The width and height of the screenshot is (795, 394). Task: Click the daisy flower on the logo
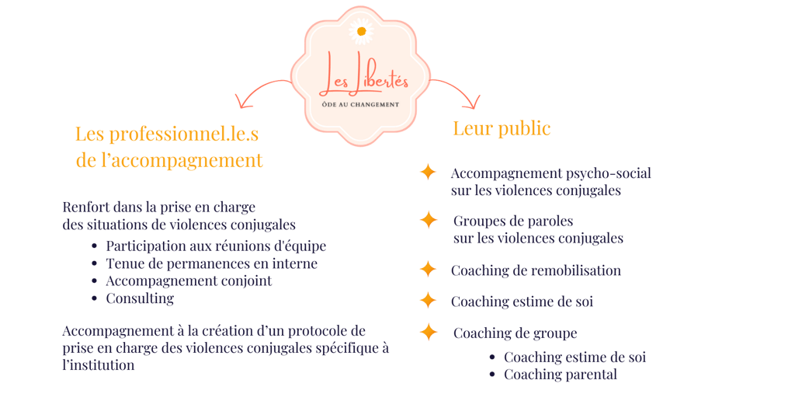coord(359,31)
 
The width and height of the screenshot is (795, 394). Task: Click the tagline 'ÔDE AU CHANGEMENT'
coord(360,104)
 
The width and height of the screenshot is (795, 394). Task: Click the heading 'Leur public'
coord(502,129)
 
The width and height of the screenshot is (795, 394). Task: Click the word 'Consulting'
coord(140,298)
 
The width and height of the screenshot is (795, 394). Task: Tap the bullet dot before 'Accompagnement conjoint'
coord(94,281)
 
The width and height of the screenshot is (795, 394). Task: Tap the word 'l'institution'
coord(99,364)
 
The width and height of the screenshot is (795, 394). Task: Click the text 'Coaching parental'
coord(561,375)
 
